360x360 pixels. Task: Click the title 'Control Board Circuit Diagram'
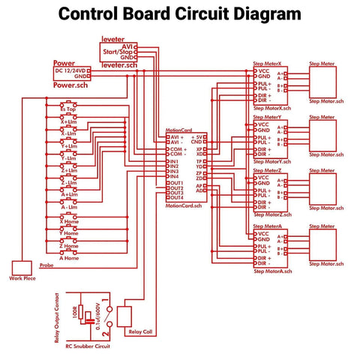180,14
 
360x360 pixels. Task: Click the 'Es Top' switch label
67,109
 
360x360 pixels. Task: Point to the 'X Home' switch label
68,221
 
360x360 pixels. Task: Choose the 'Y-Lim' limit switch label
67,158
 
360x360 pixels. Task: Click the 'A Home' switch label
68,258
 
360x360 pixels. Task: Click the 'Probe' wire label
46,264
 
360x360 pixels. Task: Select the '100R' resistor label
75,310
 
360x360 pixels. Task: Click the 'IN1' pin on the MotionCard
174,161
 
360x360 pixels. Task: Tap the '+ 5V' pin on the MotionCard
198,137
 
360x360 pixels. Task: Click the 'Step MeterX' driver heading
268,64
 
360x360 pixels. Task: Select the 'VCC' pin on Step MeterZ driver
262,177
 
